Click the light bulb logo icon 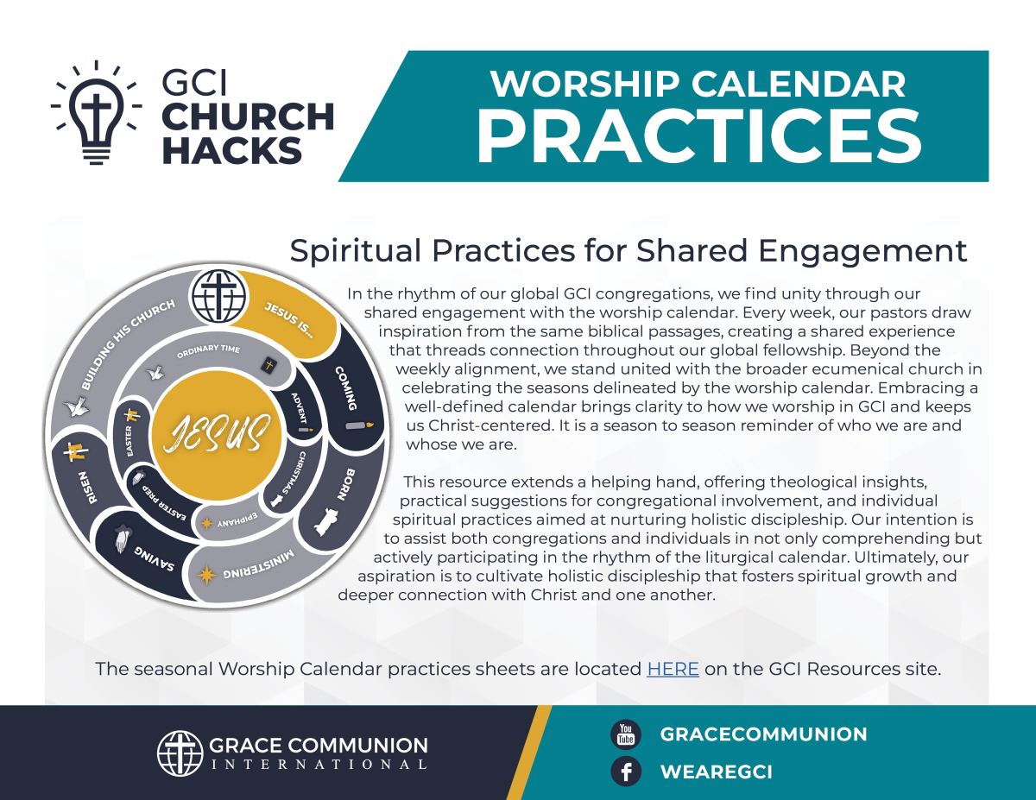pos(95,112)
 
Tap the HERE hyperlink pos(673,668)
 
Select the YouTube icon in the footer pos(625,734)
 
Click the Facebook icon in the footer pos(625,771)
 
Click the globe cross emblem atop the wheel pos(213,296)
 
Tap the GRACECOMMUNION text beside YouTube pos(763,734)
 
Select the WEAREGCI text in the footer pos(716,772)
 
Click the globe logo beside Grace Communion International pos(180,753)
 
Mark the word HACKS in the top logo pos(231,149)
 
